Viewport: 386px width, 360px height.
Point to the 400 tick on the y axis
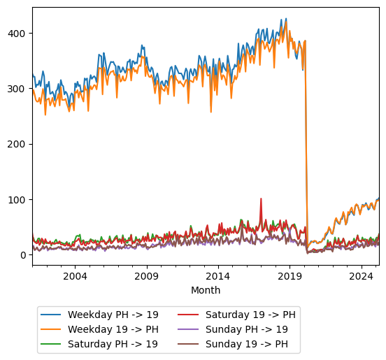(19, 34)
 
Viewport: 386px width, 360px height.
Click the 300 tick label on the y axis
(19, 89)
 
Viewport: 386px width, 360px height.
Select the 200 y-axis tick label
(19, 144)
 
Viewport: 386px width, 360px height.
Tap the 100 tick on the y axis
(19, 200)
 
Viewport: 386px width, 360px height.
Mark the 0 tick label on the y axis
(24, 255)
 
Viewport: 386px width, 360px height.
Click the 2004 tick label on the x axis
(76, 276)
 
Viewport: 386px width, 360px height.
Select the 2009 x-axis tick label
(147, 276)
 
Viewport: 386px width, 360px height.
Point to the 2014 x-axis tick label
(218, 276)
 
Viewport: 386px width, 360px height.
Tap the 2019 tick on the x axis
(289, 276)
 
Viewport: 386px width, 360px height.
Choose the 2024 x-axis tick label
(361, 276)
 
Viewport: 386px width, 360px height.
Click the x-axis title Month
(206, 290)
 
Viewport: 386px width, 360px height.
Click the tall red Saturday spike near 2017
(261, 199)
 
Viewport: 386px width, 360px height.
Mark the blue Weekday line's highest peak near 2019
(285, 20)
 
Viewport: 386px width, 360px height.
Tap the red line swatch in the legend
(190, 315)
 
